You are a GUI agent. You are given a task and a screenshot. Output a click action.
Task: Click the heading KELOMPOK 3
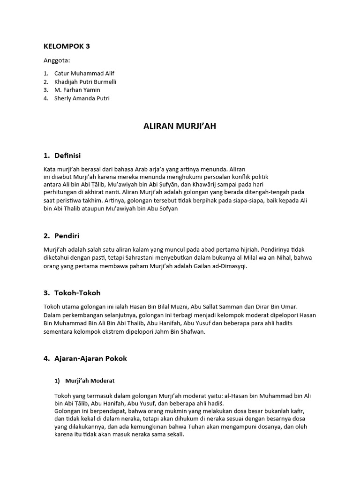66,46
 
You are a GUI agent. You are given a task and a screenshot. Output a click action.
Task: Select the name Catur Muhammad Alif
84,74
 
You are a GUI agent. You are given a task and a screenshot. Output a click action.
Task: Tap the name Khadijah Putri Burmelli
85,82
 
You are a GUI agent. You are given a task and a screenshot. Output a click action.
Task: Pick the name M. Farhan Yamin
77,90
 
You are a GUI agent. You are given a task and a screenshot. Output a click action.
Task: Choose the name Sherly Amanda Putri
82,98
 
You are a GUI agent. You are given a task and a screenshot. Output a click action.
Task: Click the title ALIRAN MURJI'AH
180,126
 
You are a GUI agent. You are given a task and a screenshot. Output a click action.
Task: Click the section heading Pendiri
68,236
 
